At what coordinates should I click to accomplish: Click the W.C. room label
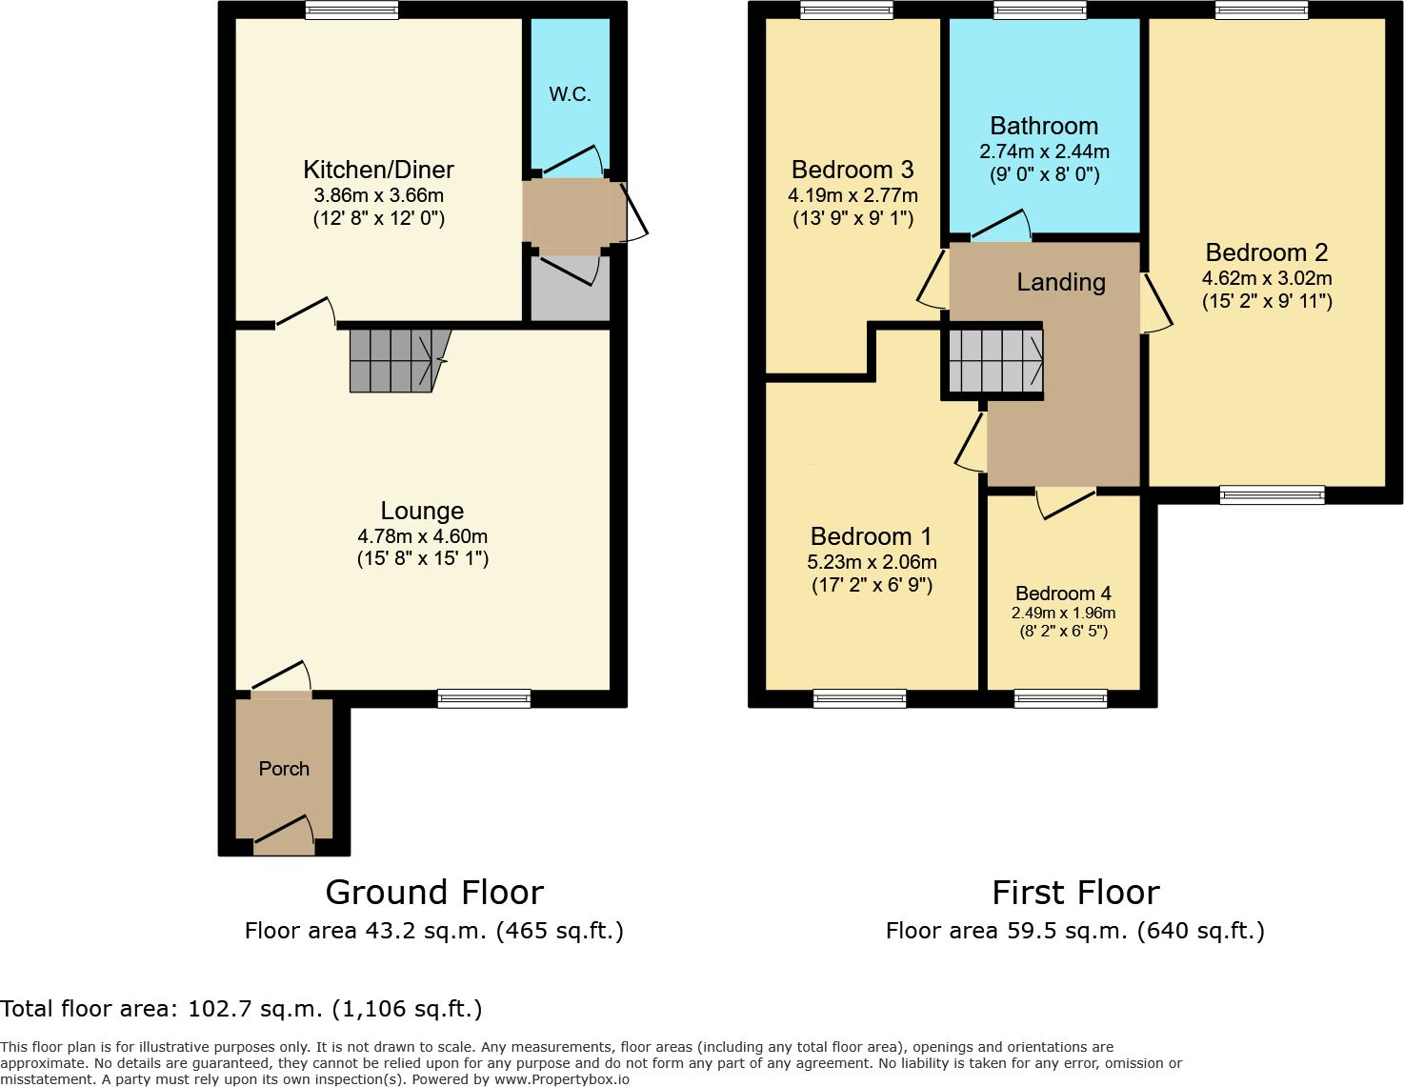coord(570,94)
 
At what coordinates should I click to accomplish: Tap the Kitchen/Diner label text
coord(378,170)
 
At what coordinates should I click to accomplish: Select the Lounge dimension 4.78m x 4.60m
coord(422,536)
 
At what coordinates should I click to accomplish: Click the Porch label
coord(284,769)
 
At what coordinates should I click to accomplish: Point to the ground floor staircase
coord(395,361)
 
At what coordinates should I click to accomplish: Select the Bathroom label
coord(1044,126)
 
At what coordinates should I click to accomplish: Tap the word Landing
coord(1061,282)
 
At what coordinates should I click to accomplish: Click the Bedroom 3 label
coord(852,170)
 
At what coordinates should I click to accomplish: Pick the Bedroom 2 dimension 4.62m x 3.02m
coord(1267,278)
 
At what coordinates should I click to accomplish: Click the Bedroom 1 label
coord(871,536)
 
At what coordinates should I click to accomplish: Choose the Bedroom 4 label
coord(1063,594)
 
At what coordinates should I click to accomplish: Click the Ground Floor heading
coord(434,893)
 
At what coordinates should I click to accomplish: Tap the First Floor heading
coord(1075,893)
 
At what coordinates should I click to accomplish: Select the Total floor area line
coord(242,1009)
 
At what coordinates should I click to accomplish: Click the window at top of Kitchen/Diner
coord(351,10)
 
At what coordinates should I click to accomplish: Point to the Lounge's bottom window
coord(484,698)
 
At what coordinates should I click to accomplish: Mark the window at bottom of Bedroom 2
coord(1272,494)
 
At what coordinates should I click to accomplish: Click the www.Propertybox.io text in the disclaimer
coord(561,1079)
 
